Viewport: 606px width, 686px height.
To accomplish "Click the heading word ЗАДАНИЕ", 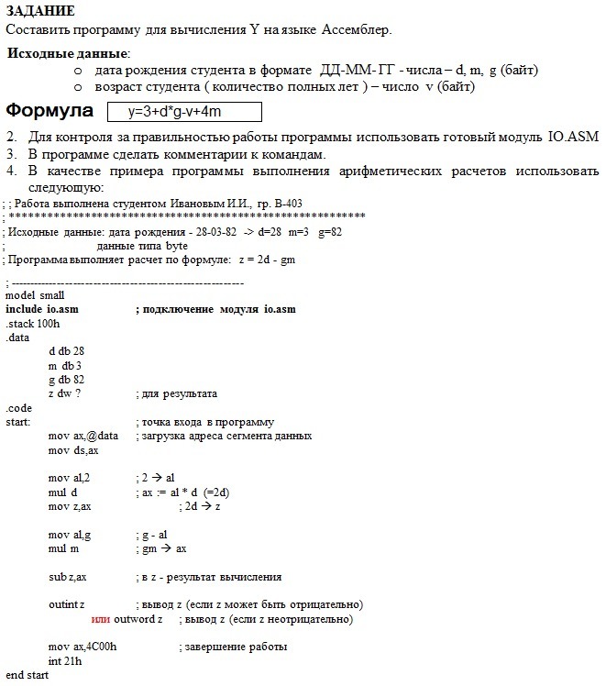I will point(40,10).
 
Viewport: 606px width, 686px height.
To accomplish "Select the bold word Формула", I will point(50,111).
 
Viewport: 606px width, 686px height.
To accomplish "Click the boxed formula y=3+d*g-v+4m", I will point(184,112).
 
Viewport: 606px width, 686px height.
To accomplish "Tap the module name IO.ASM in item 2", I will point(573,137).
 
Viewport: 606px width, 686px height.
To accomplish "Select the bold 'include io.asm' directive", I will point(41,309).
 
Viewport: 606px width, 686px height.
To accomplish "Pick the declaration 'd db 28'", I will point(66,351).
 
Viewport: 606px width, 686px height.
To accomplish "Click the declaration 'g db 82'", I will point(66,380).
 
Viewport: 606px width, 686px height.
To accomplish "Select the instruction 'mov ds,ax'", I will point(73,450).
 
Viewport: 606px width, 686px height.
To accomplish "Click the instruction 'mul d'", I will point(62,492).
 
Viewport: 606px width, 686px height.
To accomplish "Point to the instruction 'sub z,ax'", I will point(68,577).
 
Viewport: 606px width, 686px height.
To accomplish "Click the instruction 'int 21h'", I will point(64,661).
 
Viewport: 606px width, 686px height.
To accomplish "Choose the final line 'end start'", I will point(27,675).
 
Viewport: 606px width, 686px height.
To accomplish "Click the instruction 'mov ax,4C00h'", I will point(83,647).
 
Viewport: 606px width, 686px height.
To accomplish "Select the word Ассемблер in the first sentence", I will point(357,29).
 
